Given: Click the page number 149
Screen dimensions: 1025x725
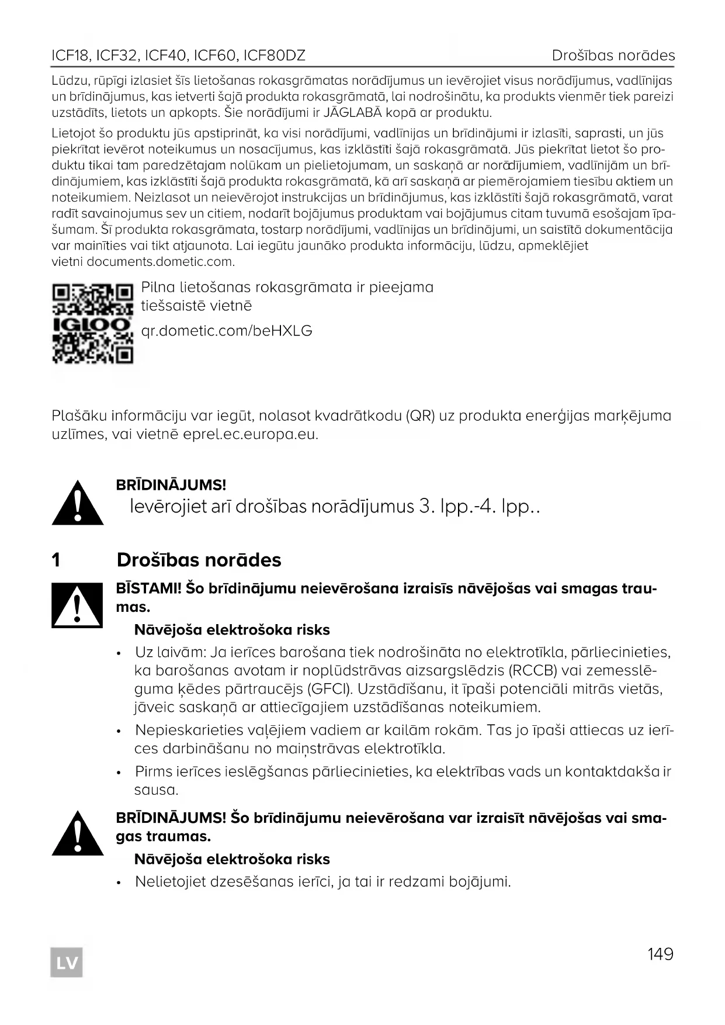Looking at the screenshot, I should pyautogui.click(x=660, y=954).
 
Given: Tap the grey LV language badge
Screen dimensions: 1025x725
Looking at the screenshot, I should pyautogui.click(x=67, y=962).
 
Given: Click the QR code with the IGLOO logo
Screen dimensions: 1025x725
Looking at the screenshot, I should pyautogui.click(x=92, y=323).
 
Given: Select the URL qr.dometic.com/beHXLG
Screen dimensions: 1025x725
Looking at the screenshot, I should pyautogui.click(x=227, y=331).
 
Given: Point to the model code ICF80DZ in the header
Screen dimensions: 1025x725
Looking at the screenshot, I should pyautogui.click(x=274, y=56).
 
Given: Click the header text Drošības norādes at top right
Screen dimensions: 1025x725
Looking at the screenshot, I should pyautogui.click(x=613, y=56).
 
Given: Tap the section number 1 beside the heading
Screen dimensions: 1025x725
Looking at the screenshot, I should pyautogui.click(x=56, y=560).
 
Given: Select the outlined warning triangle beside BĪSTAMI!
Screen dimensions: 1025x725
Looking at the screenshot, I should pyautogui.click(x=78, y=605).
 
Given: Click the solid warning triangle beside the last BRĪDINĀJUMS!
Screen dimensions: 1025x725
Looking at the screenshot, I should pyautogui.click(x=78, y=833).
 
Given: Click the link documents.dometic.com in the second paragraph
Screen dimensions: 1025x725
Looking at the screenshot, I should pyautogui.click(x=160, y=262).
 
